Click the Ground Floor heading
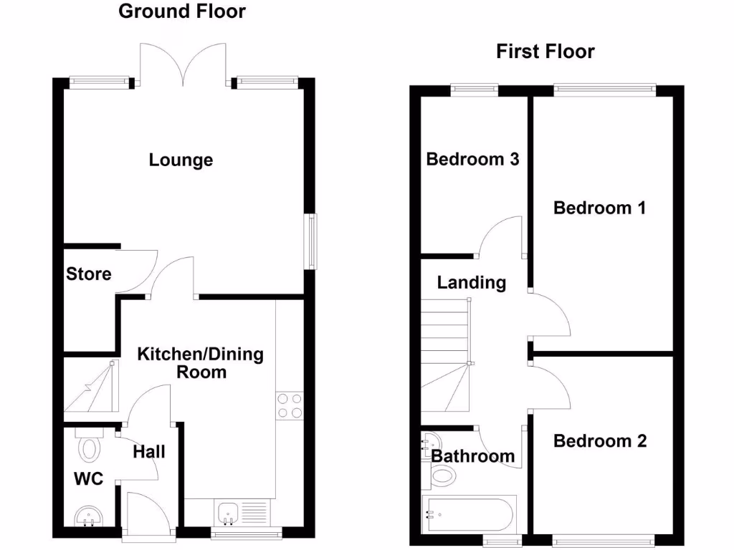tap(181, 11)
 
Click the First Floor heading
tap(545, 52)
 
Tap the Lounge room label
tap(181, 160)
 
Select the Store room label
tap(89, 274)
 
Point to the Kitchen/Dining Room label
tap(201, 362)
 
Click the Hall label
tap(149, 451)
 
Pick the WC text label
tap(89, 479)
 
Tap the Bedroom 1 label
tap(599, 208)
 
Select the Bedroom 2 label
tap(599, 441)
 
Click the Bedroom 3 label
tap(472, 159)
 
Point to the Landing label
tap(471, 283)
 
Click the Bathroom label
tap(473, 456)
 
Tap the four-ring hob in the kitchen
tap(290, 406)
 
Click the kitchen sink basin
tap(228, 512)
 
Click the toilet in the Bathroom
tap(442, 474)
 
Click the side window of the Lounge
tap(312, 241)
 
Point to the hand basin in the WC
tap(90, 516)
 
